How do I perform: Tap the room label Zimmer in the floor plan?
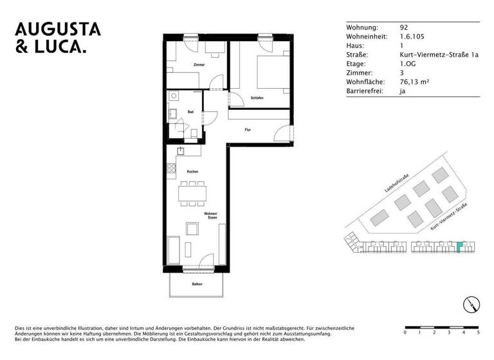(x=198, y=66)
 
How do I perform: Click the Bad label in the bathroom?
(x=190, y=112)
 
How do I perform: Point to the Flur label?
(x=248, y=130)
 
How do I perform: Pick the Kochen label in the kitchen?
(x=192, y=172)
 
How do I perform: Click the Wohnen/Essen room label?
(x=210, y=215)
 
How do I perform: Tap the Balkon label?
(x=197, y=284)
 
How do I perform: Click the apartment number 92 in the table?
(x=403, y=28)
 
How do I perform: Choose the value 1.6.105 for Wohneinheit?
(x=412, y=37)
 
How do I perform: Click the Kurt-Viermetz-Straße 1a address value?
(x=439, y=55)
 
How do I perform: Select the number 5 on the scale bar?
(x=478, y=333)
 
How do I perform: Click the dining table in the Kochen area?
(x=192, y=192)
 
